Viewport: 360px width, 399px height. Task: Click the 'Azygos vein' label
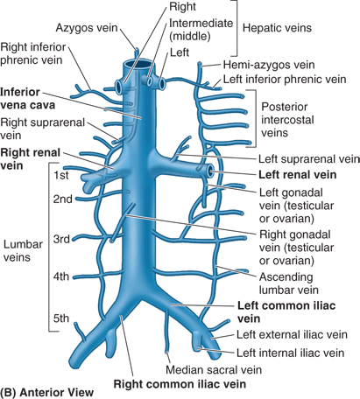[87, 28]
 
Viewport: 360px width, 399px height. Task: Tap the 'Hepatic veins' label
[277, 28]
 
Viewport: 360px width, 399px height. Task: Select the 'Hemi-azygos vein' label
[269, 65]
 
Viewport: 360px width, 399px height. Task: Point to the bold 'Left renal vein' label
[298, 175]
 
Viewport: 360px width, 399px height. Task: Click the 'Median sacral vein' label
[214, 370]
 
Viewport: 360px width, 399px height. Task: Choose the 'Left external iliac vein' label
[292, 334]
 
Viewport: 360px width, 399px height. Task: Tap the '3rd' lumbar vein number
[61, 239]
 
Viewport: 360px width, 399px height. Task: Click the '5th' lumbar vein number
[61, 318]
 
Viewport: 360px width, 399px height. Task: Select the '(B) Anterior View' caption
[47, 393]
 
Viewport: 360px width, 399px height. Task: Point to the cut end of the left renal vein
[211, 171]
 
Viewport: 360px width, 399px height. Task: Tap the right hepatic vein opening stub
[119, 87]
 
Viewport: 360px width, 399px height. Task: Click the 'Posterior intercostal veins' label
[287, 120]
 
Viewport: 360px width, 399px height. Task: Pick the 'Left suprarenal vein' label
[309, 159]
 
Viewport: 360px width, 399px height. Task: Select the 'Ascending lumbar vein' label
[289, 283]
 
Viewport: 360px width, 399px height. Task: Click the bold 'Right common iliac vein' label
[180, 384]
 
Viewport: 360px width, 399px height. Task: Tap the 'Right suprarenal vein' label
[42, 129]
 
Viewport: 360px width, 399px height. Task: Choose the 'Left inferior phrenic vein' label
[285, 79]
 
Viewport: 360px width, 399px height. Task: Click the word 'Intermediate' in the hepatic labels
[201, 24]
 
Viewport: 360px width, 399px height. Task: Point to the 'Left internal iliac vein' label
[290, 353]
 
